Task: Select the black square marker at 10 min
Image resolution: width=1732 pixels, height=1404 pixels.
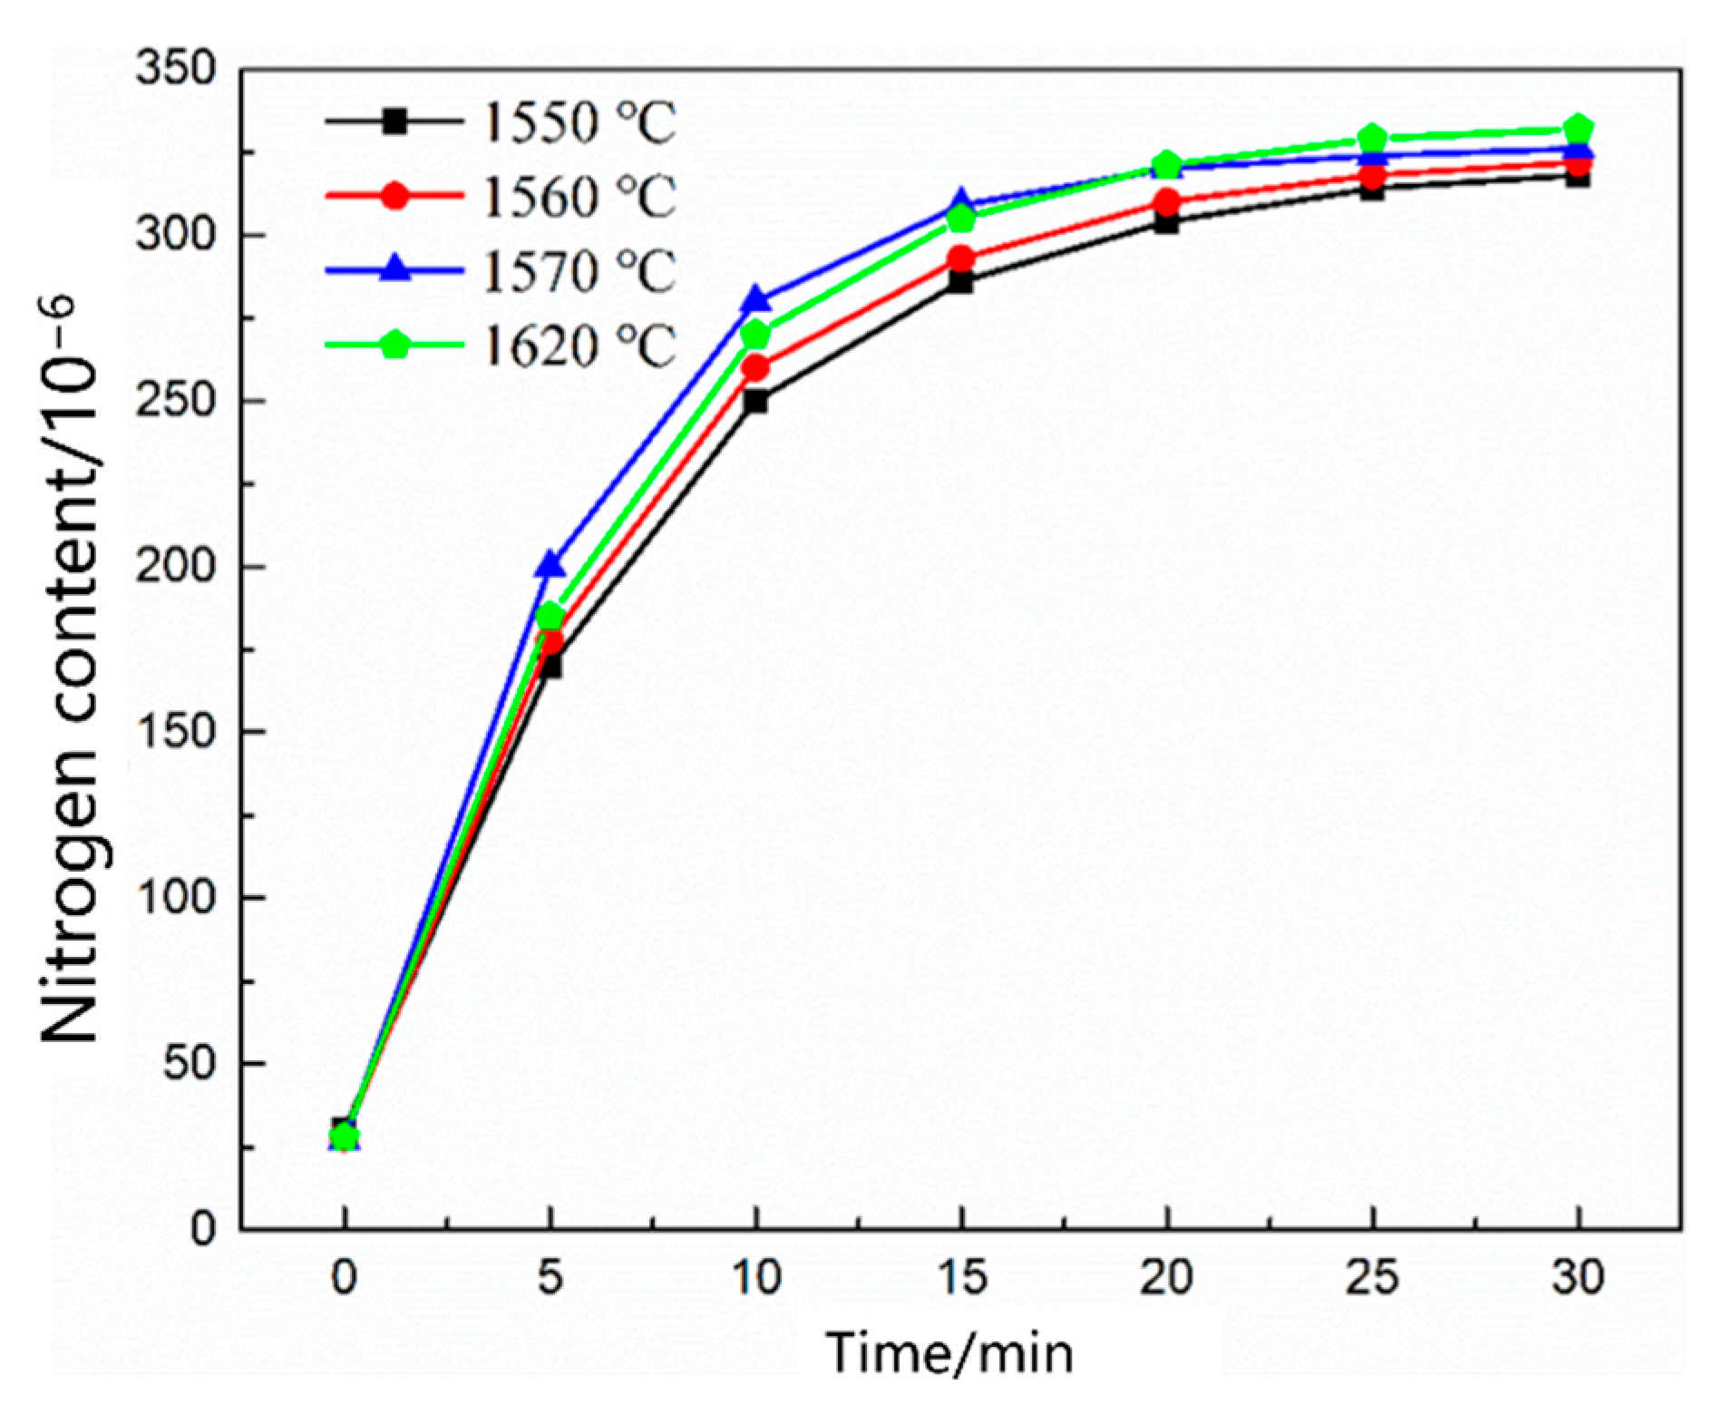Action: (x=755, y=401)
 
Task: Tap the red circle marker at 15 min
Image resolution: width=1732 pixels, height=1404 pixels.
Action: (x=961, y=259)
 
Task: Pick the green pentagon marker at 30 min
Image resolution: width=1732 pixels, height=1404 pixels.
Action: (x=1579, y=128)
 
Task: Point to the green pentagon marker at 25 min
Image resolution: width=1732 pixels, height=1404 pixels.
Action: (x=1373, y=139)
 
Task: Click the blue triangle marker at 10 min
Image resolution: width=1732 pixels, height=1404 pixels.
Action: (x=755, y=299)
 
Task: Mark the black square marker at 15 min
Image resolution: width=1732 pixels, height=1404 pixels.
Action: (x=961, y=282)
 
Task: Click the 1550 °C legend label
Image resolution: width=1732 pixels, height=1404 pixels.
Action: (x=579, y=122)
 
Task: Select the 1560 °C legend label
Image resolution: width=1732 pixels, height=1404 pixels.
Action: (x=579, y=197)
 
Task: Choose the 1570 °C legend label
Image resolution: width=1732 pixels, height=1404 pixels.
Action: (x=579, y=271)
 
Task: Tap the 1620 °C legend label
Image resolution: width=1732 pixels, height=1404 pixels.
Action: (x=579, y=346)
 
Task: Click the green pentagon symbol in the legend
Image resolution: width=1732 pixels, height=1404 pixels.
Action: (x=394, y=345)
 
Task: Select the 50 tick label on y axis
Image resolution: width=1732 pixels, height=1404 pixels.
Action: (x=189, y=1063)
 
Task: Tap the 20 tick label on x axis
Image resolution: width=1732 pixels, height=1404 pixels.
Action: (x=1167, y=1277)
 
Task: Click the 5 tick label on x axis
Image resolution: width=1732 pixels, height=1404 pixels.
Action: (x=550, y=1277)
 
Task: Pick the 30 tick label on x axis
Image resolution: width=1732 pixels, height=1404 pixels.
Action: (x=1579, y=1277)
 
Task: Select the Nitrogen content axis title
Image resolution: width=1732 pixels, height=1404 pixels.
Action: (x=71, y=671)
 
